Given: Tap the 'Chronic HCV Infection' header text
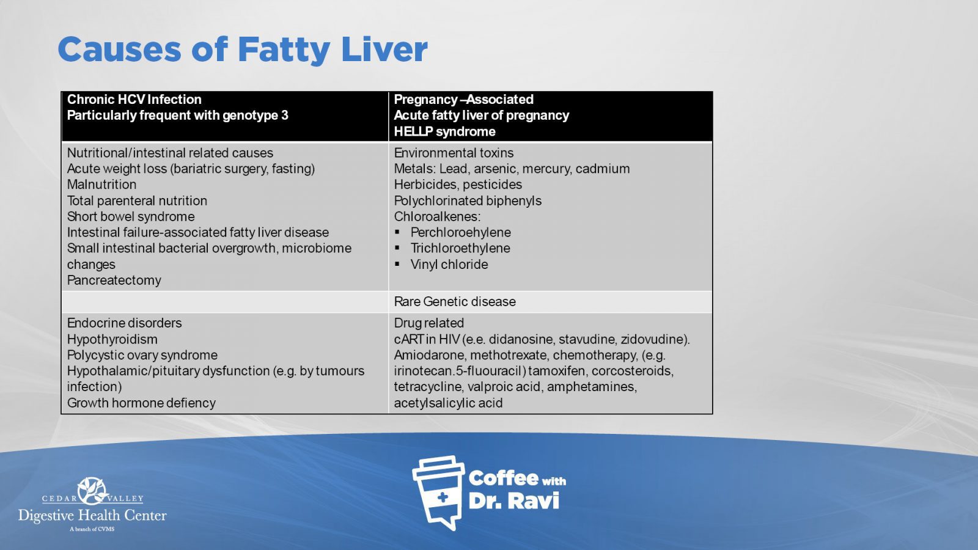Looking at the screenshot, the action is (x=134, y=100).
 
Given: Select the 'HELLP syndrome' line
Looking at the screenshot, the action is (x=444, y=131).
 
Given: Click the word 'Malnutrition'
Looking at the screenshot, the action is (x=101, y=185).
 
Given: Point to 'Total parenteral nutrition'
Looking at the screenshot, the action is (x=137, y=201).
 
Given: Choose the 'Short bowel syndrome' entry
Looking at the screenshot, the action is (x=131, y=216).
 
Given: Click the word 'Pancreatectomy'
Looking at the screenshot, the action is (x=114, y=280).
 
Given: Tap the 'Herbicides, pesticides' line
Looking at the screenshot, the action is (x=458, y=185).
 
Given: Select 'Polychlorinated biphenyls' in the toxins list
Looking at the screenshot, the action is (x=468, y=201).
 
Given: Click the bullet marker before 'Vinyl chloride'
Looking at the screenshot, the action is (x=397, y=264).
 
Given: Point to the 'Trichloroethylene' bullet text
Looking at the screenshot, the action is (x=460, y=248).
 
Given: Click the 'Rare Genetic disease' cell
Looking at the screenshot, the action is (x=455, y=302).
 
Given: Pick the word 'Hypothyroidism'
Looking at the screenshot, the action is (x=112, y=339).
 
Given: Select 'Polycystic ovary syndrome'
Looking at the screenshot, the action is (x=142, y=355).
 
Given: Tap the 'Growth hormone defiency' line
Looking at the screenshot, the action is (x=141, y=403).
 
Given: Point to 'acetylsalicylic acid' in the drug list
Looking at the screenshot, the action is (x=448, y=403).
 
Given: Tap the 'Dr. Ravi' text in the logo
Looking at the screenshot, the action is (x=513, y=501).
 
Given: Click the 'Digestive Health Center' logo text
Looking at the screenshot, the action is (x=92, y=516).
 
